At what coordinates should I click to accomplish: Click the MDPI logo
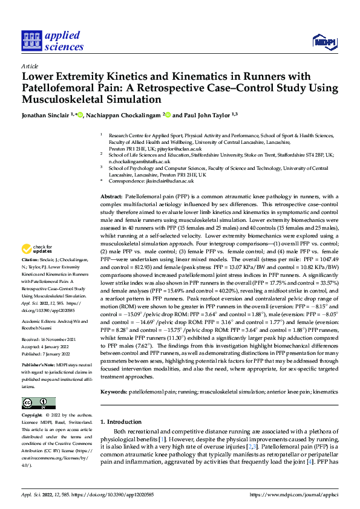pos(324,41)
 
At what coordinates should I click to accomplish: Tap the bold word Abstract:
pos(111,197)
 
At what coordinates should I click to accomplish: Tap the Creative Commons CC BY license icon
pos(38,402)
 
